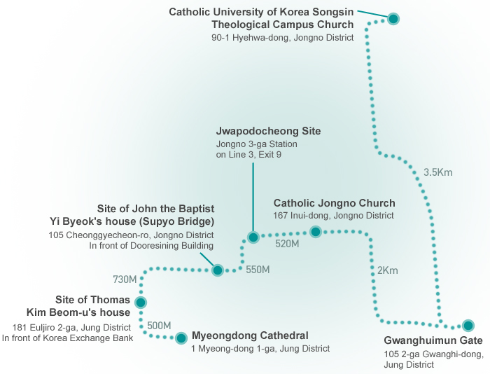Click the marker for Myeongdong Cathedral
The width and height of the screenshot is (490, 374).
point(181,338)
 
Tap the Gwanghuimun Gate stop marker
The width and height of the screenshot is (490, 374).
point(468,325)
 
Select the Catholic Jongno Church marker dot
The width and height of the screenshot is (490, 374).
point(315,232)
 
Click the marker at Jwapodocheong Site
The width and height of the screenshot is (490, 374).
point(253,237)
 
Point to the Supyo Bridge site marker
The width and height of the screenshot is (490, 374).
point(218,270)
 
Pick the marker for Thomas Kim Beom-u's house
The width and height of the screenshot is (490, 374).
point(141,303)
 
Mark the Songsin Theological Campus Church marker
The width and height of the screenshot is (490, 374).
point(393,19)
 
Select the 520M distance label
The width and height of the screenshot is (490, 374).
point(288,244)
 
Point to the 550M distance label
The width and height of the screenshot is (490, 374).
point(258,270)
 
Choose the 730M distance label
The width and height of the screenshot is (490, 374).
point(125,279)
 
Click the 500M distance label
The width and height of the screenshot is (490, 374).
point(159,326)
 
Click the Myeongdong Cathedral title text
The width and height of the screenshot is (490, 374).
point(249,335)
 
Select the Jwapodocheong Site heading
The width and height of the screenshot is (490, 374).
point(269,131)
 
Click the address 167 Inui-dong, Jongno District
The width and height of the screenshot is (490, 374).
point(333,216)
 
